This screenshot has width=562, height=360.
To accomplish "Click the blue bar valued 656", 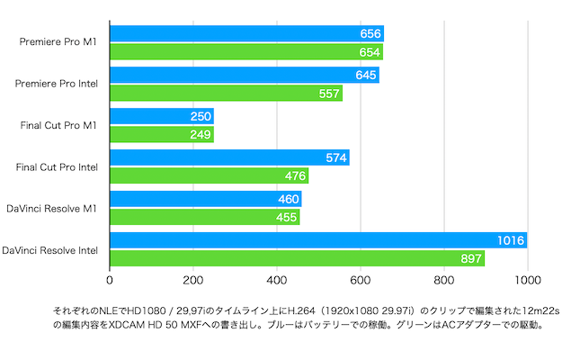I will pyautogui.click(x=246, y=33).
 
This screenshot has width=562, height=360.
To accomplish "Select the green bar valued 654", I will pyautogui.click(x=246, y=51).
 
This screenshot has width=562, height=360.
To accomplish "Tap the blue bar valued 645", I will pyautogui.click(x=245, y=75).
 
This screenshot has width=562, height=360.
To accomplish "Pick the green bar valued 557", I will pyautogui.click(x=226, y=93).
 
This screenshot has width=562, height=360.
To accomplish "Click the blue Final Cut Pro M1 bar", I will pyautogui.click(x=162, y=116).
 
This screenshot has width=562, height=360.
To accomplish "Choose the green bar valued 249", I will pyautogui.click(x=162, y=134).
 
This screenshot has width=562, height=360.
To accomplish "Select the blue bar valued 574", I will pyautogui.click(x=229, y=157).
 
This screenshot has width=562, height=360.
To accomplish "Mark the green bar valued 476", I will pyautogui.click(x=209, y=175).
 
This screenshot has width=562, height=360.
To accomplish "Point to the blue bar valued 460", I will pyautogui.click(x=206, y=199).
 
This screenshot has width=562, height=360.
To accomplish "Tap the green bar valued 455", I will pyautogui.click(x=205, y=217).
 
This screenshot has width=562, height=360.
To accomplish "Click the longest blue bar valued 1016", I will pyautogui.click(x=318, y=240).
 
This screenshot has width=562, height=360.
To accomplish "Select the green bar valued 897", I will pyautogui.click(x=298, y=258).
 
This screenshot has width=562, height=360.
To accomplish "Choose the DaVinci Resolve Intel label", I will pyautogui.click(x=56, y=249).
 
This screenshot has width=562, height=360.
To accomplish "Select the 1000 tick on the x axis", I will pyautogui.click(x=527, y=279).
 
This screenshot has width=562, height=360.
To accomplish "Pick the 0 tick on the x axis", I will pyautogui.click(x=110, y=279).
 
